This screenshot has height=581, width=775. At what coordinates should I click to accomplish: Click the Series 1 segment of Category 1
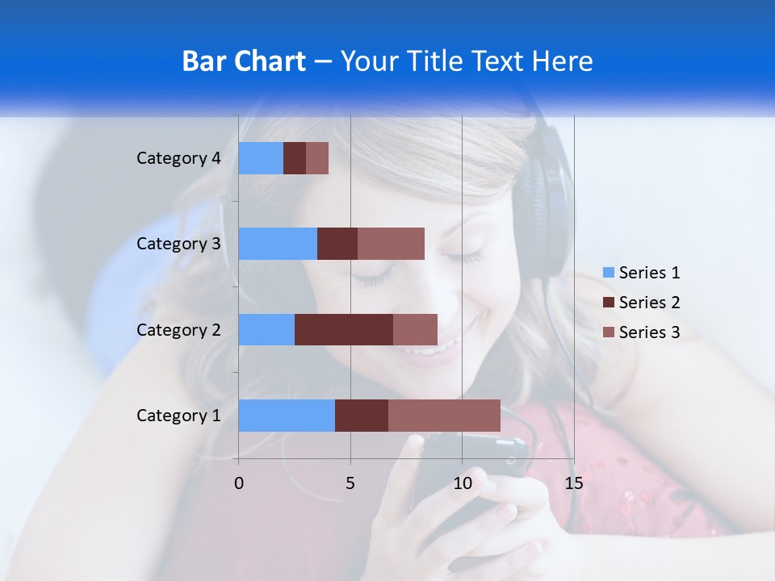[x=287, y=415]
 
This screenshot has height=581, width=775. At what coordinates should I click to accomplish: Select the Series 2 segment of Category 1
[x=362, y=415]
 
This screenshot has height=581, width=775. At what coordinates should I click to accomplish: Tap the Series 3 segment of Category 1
[x=444, y=415]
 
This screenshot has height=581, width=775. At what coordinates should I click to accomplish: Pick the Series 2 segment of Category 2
[x=344, y=329]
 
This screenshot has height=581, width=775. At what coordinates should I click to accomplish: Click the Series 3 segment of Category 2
[x=415, y=329]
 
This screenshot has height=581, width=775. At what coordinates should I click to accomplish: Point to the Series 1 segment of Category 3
[x=278, y=244]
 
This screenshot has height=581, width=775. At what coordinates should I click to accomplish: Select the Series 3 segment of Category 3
[x=391, y=244]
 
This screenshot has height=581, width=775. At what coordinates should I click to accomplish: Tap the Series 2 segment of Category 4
[x=295, y=158]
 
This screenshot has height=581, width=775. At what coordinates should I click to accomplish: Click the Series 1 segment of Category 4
[x=261, y=158]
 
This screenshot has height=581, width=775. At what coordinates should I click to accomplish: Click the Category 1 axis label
[x=178, y=416]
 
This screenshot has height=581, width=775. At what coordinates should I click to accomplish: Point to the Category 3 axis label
[x=178, y=244]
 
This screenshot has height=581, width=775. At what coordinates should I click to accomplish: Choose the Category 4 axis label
[x=178, y=158]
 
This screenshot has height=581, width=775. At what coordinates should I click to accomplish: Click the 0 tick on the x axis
[x=239, y=483]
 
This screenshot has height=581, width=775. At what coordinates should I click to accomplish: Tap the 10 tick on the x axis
[x=462, y=483]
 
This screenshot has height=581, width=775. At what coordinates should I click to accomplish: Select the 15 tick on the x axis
[x=573, y=483]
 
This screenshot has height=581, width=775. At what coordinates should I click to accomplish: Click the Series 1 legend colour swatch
[x=609, y=273]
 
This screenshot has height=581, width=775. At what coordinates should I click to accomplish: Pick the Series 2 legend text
[x=649, y=303]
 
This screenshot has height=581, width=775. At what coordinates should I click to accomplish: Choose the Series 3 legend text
[x=649, y=332]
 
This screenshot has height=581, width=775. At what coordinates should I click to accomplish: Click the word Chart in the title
[x=272, y=61]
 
